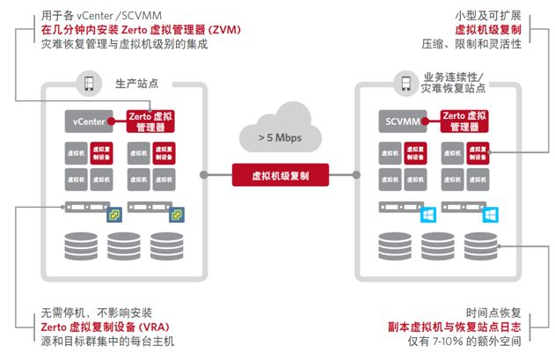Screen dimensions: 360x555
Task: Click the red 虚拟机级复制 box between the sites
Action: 277,175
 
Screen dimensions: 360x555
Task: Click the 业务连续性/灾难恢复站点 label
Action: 455,83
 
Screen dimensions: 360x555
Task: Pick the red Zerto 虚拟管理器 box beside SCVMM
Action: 460,121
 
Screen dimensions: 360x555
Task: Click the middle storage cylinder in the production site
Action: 120,246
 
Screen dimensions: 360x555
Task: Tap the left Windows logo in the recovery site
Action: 428,215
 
